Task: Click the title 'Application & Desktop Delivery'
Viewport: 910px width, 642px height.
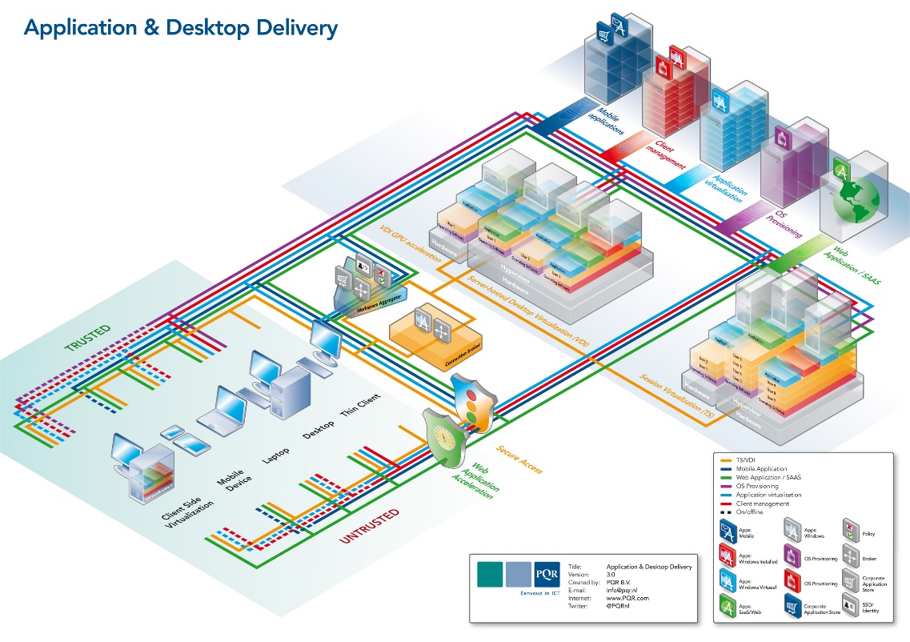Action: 181,29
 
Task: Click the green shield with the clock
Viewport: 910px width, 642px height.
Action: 442,437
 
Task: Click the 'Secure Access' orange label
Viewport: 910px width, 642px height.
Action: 519,459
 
